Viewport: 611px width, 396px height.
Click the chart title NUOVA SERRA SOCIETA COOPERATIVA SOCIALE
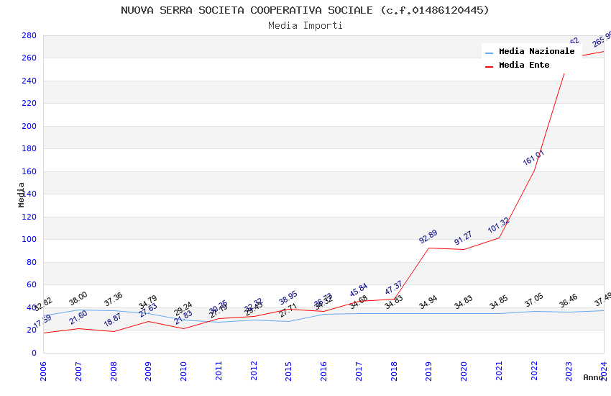305,10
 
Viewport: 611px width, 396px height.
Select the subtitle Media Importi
305,25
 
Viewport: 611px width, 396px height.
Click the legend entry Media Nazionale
536,52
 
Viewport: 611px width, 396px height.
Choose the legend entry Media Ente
524,66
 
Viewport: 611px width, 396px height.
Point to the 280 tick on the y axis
29,35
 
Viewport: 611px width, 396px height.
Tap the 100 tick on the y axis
29,240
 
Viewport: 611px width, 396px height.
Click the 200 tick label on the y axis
29,126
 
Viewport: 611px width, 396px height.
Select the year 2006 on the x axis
43,372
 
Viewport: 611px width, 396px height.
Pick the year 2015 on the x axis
288,372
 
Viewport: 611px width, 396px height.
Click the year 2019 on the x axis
428,372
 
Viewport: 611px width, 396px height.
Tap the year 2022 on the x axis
534,372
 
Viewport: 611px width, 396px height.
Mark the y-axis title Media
22,194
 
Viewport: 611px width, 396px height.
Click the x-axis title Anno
593,377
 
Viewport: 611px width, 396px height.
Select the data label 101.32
498,225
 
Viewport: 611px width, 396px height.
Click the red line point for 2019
428,248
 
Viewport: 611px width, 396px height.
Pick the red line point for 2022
534,170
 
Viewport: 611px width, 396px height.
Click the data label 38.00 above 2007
78,298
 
